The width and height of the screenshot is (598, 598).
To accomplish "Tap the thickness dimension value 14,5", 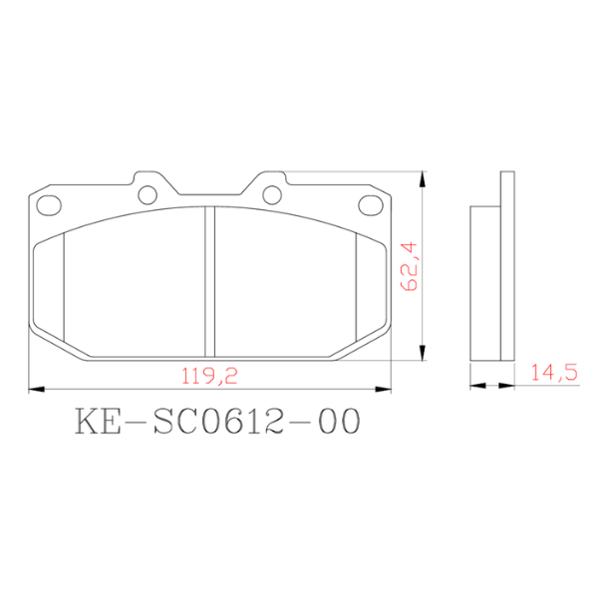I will tap(554, 374).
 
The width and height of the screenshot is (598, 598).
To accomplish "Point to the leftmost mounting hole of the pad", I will tap(47, 204).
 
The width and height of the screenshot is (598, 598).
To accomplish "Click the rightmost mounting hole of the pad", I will tap(369, 204).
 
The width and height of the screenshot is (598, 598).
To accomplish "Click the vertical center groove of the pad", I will tap(207, 282).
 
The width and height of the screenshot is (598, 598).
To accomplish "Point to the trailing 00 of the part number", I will tap(334, 422).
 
